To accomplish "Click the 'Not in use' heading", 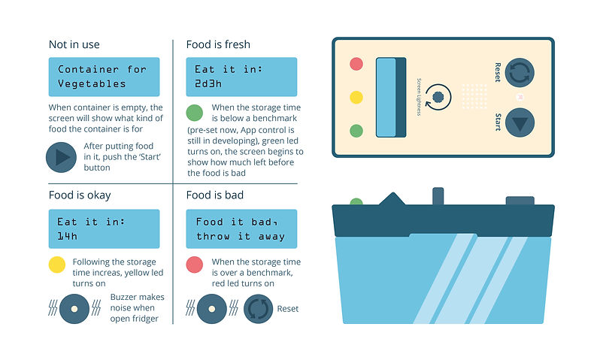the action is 74,44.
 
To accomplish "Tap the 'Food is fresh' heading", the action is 218,44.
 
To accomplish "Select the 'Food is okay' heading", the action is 80,195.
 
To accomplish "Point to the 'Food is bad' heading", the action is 214,195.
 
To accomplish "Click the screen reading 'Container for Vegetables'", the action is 104,77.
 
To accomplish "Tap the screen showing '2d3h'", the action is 241,77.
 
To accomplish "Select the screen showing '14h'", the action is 104,228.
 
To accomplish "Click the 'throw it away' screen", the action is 241,228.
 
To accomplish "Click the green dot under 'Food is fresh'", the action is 195,113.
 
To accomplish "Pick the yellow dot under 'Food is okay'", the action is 57,265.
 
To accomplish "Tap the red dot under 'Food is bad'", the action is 195,265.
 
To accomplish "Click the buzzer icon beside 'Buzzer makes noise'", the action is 74,309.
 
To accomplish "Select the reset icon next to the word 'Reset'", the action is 259,309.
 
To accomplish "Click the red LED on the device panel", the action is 356,64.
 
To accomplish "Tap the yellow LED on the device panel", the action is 356,97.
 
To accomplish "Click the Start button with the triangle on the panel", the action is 520,123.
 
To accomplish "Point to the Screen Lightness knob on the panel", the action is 438,97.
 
